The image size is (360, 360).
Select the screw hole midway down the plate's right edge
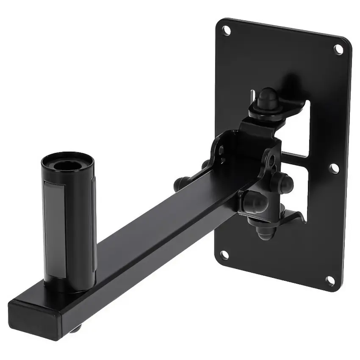click(334, 169)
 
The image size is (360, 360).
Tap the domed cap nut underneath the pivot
click(259, 231)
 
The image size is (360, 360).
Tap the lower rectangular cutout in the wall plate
click(296, 186)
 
